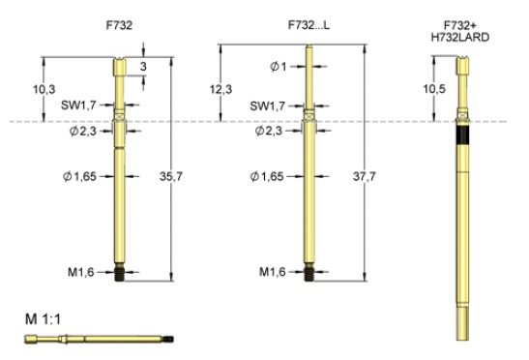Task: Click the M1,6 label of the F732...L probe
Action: point(275,272)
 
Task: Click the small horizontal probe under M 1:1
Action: point(97,339)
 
